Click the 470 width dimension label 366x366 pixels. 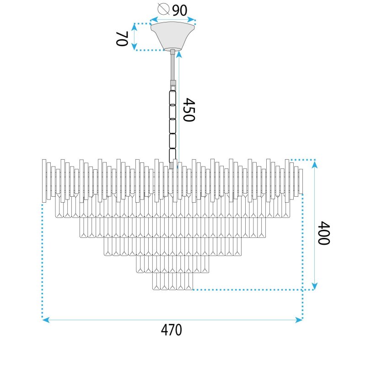(x=171, y=329)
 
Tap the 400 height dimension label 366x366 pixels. (x=324, y=233)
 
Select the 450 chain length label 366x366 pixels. (x=188, y=110)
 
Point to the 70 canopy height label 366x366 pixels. (x=122, y=38)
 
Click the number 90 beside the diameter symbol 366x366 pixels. (x=180, y=10)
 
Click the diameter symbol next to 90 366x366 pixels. (x=163, y=9)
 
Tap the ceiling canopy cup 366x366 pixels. (x=172, y=36)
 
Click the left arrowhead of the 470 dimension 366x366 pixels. (x=46, y=319)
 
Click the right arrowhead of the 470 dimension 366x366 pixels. (x=299, y=319)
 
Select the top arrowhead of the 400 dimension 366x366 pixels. (x=314, y=164)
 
